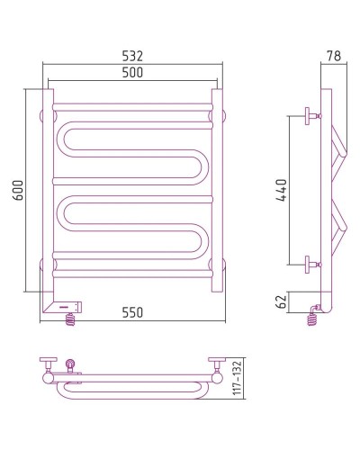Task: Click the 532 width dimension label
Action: (132, 56)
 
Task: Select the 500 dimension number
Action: (132, 73)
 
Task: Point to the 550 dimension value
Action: (132, 312)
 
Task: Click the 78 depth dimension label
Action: (334, 56)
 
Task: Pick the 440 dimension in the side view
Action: (282, 191)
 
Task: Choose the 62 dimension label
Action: (282, 301)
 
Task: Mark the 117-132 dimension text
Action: (238, 378)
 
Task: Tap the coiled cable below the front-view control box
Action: (70, 319)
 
